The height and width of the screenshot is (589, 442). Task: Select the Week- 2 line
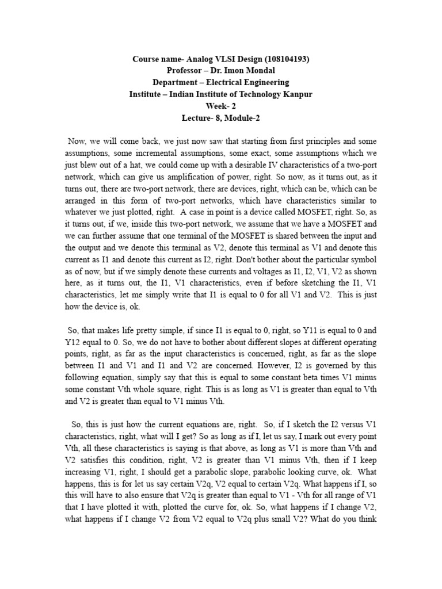pos(221,105)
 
